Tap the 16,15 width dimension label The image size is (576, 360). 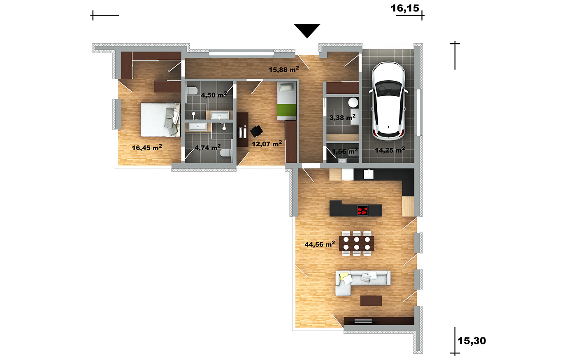pos(405,9)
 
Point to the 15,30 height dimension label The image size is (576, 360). pos(472,341)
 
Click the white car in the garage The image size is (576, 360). pos(388,101)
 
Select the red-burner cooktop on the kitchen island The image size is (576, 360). pos(362,210)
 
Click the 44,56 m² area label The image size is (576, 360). pos(320,244)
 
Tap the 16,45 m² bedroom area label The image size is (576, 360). pos(147,147)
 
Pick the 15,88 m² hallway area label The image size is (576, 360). pos(284,69)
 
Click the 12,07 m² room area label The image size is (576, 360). pos(267,144)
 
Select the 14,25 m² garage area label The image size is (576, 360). pos(390,150)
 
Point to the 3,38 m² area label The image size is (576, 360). pos(342,118)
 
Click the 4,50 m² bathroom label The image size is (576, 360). pos(214,95)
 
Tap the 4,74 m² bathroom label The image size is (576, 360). pos(207,147)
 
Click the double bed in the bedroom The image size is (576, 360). pos(160,120)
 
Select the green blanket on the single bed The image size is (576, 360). pos(286,110)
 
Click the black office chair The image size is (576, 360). pos(256,131)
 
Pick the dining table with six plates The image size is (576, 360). pos(356,243)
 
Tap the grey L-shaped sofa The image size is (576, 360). pos(362,282)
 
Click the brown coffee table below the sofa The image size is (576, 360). pos(371,301)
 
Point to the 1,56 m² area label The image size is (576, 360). pos(345,151)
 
